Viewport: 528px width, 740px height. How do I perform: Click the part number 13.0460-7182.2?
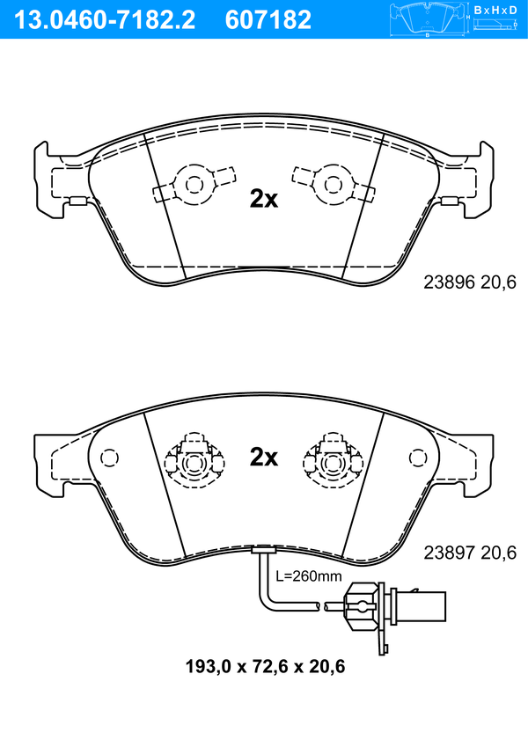pos(105,20)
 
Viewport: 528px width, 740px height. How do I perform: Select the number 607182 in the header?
pos(268,20)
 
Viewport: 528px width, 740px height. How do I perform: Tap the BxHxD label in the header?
pos(495,10)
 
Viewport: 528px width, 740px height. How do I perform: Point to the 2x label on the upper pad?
pos(264,199)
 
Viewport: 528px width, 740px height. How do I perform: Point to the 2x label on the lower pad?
pos(264,457)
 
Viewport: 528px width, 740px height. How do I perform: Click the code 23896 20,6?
pos(470,282)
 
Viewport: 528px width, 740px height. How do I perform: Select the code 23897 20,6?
pos(470,553)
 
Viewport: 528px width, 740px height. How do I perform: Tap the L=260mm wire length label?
pos(309,575)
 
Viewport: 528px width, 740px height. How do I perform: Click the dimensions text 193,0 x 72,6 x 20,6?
pos(265,666)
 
